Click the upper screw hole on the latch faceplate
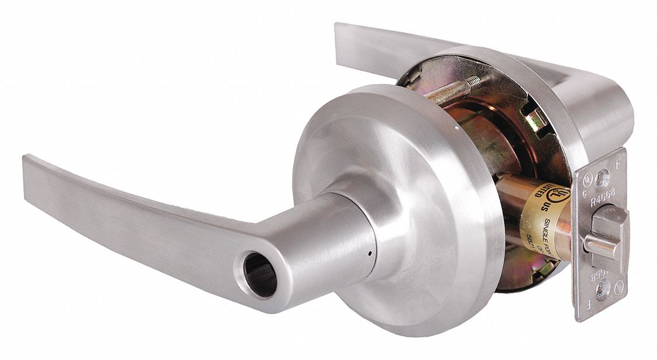(x=600, y=180)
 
